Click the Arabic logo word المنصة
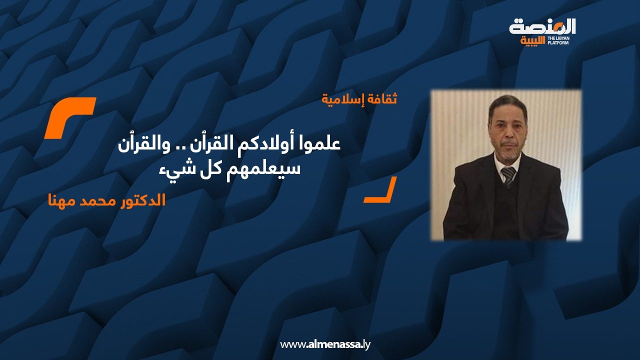542,27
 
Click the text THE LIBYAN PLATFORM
558,40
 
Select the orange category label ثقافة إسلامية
359,99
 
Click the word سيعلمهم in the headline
263,168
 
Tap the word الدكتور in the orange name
142,200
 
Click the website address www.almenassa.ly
325,344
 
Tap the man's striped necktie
508,176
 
